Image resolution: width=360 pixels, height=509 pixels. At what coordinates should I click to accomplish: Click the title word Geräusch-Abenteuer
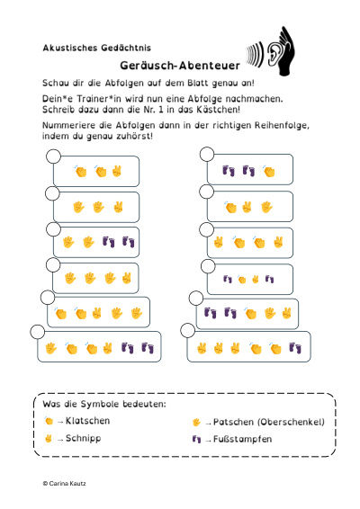pos(180,66)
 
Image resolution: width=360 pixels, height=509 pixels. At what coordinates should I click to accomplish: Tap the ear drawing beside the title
pos(273,52)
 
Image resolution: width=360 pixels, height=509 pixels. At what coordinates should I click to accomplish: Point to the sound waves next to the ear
pos(255,54)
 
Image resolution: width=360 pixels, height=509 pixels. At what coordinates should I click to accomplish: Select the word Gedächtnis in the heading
pos(126,48)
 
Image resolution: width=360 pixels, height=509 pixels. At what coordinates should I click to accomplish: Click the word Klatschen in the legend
pos(87,421)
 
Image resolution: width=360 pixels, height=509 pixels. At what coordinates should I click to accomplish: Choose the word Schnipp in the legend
pos(84,438)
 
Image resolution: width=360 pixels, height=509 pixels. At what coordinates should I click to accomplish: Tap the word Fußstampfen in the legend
pos(242,439)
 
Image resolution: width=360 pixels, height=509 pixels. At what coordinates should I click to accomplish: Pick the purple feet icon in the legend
pos(196,439)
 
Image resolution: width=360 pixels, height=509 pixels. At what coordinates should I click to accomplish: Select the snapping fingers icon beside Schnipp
pos(49,439)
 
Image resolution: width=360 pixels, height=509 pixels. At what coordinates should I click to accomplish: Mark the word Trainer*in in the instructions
pos(99,99)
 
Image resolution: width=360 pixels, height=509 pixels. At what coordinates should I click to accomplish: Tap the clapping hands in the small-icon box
pos(242,280)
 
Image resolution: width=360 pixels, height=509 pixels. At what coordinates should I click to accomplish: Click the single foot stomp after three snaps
pos(295,348)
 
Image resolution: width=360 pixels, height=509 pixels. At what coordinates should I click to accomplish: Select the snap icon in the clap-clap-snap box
pos(117,171)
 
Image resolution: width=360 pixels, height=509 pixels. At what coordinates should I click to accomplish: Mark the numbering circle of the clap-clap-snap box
pos(53,156)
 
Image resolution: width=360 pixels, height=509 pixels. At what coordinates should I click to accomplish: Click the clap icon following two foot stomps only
pos(269,171)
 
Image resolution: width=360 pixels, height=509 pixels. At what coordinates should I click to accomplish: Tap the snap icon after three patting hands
pos(126,278)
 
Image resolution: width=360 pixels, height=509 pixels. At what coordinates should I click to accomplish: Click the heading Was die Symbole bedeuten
pos(104,404)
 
